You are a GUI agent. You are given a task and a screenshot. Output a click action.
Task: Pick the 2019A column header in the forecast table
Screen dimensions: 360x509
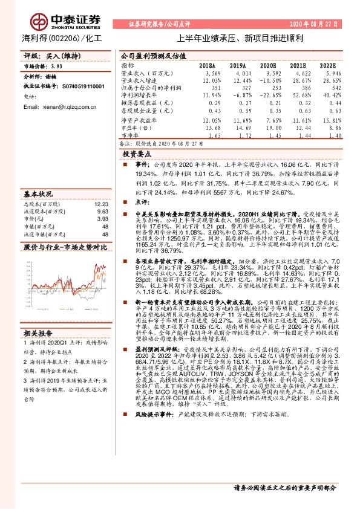point(237,65)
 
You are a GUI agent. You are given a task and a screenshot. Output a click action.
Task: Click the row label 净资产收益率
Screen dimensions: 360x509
point(137,120)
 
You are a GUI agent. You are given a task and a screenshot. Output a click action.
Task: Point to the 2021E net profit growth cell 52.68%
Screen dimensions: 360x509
point(297,96)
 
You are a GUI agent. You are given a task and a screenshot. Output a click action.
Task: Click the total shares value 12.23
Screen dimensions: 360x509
point(101,204)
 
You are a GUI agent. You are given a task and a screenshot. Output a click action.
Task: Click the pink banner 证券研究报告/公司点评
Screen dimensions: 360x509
point(160,24)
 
